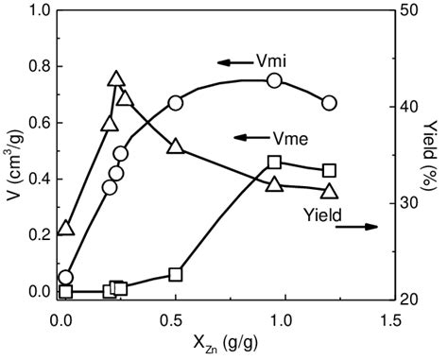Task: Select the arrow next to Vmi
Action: point(230,63)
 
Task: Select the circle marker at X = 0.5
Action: point(176,103)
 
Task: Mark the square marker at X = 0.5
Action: point(176,274)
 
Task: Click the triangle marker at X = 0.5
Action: point(176,146)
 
